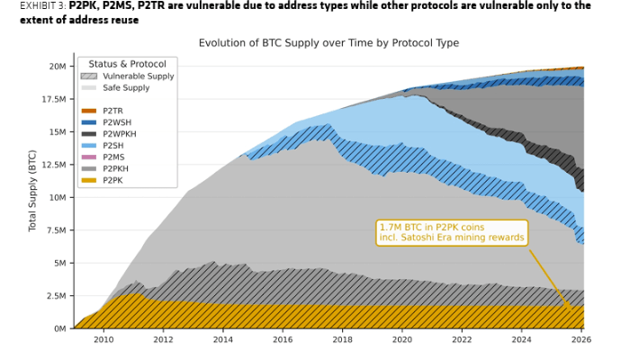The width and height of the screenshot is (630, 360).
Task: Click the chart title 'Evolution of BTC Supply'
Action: [x=328, y=43]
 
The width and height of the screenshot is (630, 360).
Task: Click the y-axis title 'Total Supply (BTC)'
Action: [x=33, y=190]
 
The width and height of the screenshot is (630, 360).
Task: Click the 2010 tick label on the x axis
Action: [x=103, y=340]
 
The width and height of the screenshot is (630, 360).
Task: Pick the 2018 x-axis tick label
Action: [x=342, y=340]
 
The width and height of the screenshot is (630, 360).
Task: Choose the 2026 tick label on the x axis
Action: [x=581, y=340]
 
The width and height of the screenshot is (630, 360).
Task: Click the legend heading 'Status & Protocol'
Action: [x=127, y=64]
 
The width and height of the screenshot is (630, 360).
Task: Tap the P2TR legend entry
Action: [x=113, y=111]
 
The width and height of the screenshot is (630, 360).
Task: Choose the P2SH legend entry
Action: [x=113, y=145]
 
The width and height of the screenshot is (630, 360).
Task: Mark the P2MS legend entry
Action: [x=113, y=157]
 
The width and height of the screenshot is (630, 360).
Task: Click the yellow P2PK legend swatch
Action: [x=88, y=180]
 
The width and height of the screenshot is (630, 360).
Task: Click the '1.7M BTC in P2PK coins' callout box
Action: [x=451, y=233]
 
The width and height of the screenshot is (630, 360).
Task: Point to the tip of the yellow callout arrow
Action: [x=573, y=310]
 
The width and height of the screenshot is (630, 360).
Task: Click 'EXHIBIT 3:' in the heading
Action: [x=42, y=5]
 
